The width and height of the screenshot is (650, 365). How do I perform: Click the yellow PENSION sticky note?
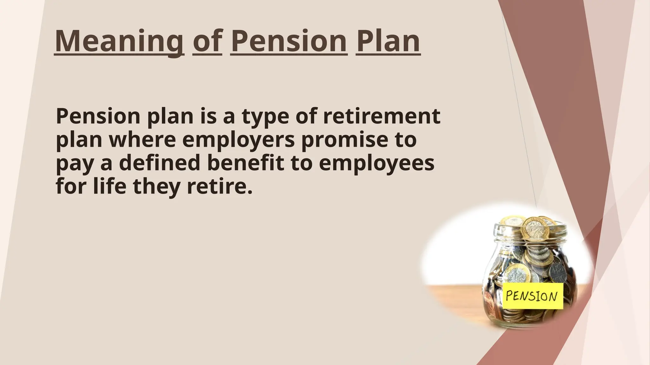coord(532,296)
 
